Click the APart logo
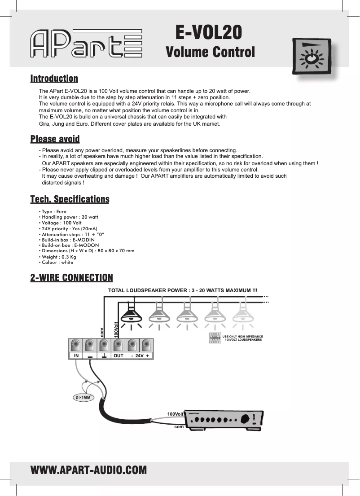(x=86, y=44)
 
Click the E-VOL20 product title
(x=209, y=32)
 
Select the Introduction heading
(x=54, y=79)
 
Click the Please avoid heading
(x=55, y=139)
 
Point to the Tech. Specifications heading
(x=70, y=199)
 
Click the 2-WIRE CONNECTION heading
(x=71, y=278)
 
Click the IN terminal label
(x=76, y=356)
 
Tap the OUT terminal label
(x=118, y=356)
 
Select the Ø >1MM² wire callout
(x=84, y=397)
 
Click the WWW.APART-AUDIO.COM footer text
(x=88, y=470)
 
